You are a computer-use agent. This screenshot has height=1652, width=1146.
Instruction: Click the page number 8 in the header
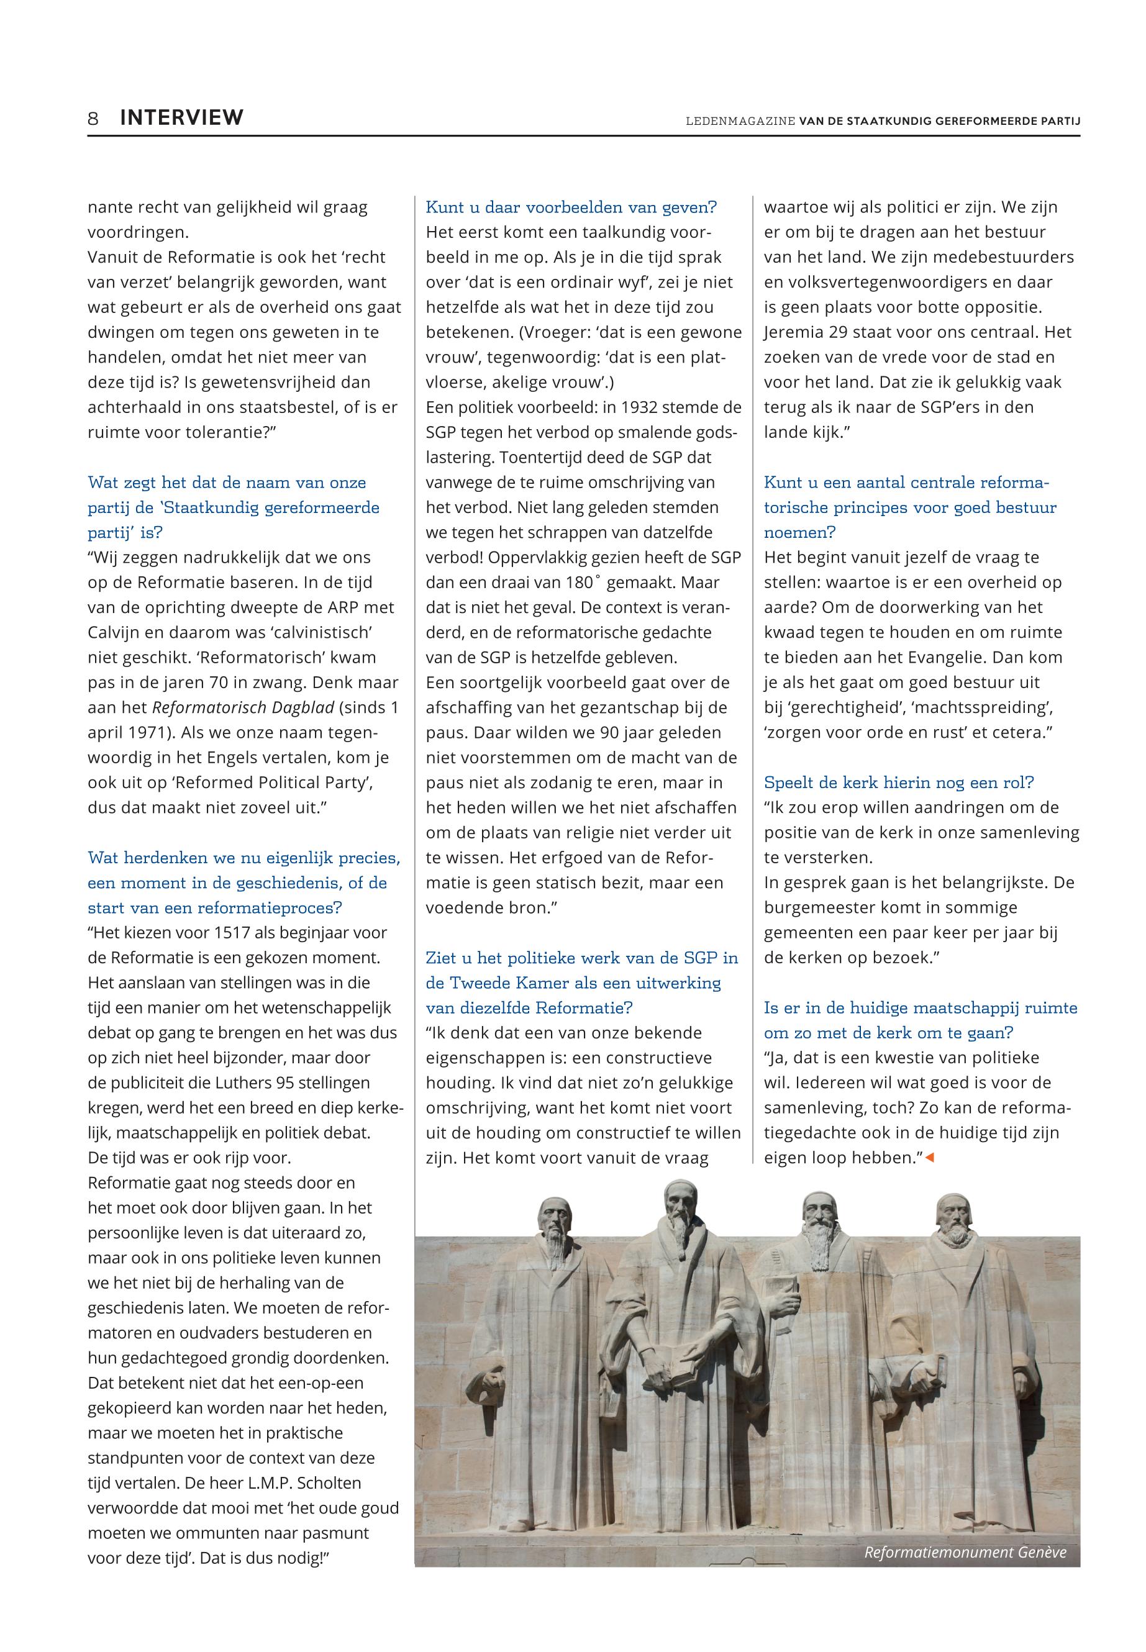pyautogui.click(x=93, y=118)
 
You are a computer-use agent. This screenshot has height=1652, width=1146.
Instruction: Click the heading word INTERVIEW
pyautogui.click(x=181, y=118)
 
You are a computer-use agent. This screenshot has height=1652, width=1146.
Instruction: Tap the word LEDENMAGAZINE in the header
pyautogui.click(x=740, y=121)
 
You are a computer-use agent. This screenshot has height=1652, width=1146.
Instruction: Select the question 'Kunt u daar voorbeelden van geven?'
pyautogui.click(x=571, y=207)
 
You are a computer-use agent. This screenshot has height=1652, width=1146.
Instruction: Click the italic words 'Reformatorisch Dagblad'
pyautogui.click(x=243, y=707)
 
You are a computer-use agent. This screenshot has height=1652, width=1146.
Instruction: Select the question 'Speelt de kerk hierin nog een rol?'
pyautogui.click(x=898, y=783)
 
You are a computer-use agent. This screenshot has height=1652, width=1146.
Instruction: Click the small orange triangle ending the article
pyautogui.click(x=930, y=1158)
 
